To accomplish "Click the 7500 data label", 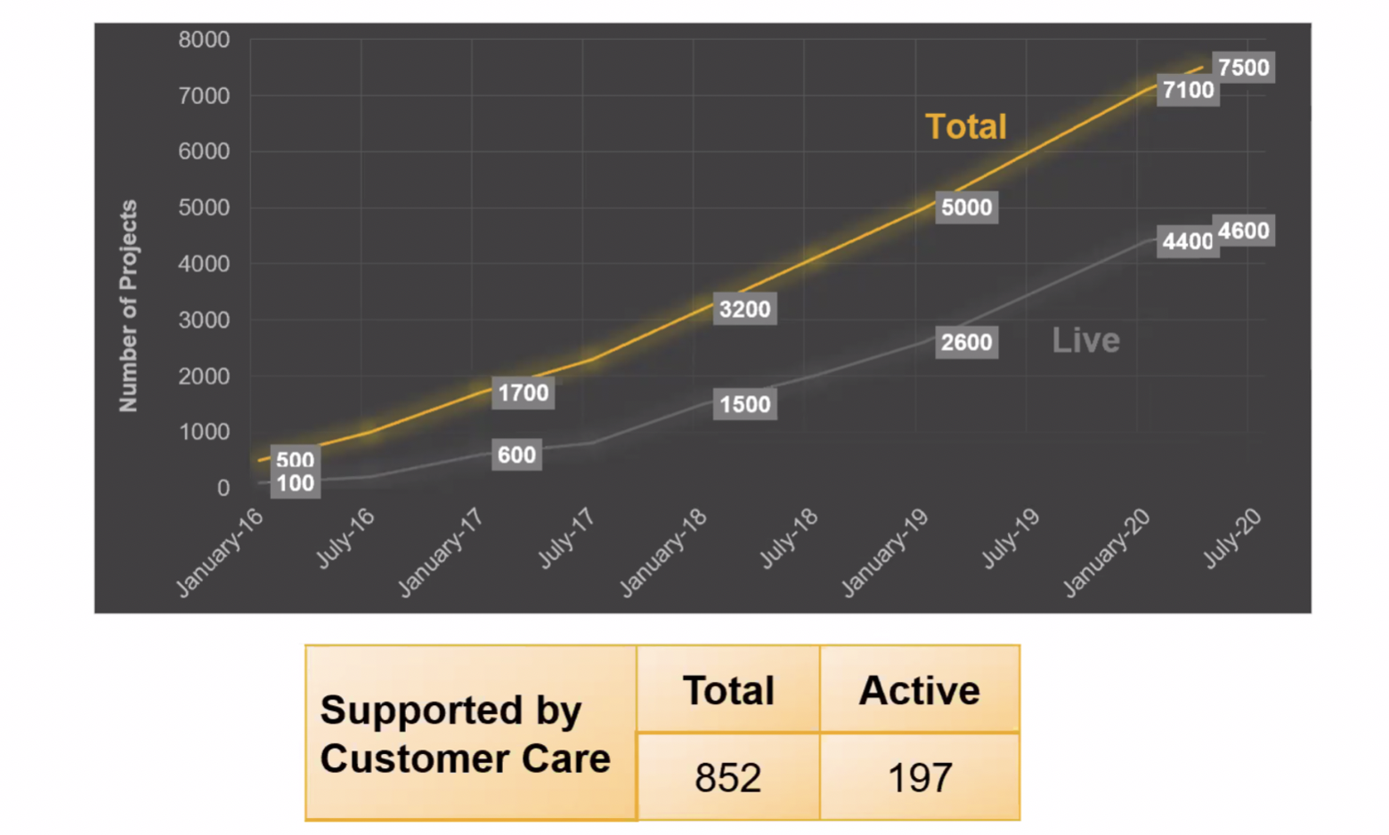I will click(1243, 68).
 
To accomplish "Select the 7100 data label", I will click(1188, 90).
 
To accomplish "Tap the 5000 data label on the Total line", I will click(966, 207).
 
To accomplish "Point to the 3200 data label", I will click(744, 309).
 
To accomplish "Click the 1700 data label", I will click(523, 393).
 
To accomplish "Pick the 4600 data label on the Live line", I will click(1243, 231).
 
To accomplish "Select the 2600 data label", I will click(966, 343).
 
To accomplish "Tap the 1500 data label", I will click(744, 404).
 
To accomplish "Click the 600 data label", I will click(516, 455).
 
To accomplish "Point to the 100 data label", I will click(295, 483).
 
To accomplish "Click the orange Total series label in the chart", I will click(966, 126).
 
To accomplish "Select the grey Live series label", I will click(1085, 340).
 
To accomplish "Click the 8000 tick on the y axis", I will click(204, 40).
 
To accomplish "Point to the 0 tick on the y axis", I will click(223, 488).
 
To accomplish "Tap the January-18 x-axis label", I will click(663, 552).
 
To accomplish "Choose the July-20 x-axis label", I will click(1232, 538).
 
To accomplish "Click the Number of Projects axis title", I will click(128, 305).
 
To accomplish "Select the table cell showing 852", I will click(727, 777).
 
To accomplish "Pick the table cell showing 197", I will click(920, 777).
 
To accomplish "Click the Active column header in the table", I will click(919, 691).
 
